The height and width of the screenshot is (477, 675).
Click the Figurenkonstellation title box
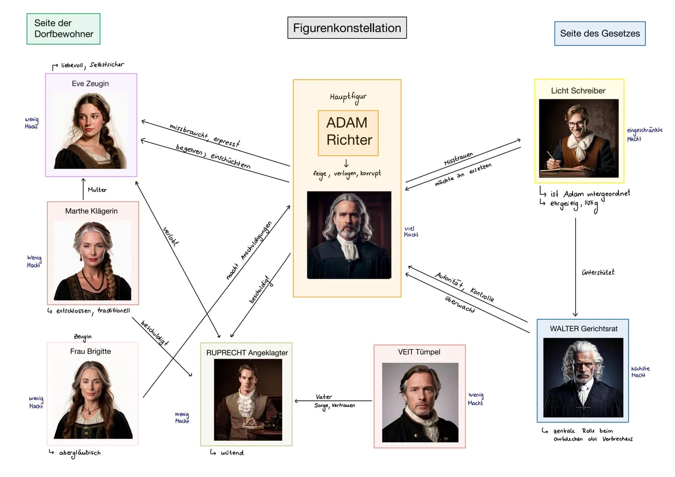point(347,28)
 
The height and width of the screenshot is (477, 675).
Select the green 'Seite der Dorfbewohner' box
point(63,29)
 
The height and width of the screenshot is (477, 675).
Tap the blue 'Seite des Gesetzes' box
point(600,34)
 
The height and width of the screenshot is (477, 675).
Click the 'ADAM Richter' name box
point(348,133)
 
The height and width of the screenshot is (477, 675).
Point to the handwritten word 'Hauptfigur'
point(348,97)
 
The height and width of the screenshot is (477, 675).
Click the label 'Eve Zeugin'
point(90,83)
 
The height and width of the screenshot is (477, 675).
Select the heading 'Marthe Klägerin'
point(92,211)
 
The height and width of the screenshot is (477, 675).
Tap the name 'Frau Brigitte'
point(91,351)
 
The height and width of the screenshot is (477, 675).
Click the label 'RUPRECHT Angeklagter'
point(247,352)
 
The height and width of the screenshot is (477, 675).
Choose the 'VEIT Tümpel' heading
point(419,352)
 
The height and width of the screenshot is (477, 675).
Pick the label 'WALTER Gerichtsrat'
point(583,329)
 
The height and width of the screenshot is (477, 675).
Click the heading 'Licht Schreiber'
point(578,91)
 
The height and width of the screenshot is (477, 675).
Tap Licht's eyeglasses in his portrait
point(576,123)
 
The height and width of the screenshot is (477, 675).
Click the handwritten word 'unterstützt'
point(598,272)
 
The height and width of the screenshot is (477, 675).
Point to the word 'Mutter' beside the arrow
point(97,190)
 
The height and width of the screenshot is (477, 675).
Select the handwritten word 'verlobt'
point(171,236)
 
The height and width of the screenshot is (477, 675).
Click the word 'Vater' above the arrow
point(324,397)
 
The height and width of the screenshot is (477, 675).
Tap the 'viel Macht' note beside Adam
point(411,231)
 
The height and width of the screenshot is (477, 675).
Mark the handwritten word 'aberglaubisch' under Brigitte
point(80,453)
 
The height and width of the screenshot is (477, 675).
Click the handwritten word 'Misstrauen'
point(458,159)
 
